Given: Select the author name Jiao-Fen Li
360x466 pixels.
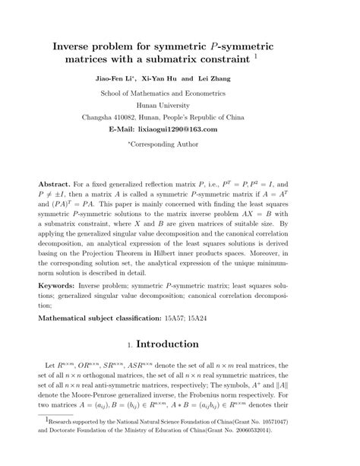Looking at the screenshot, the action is (x=115, y=78).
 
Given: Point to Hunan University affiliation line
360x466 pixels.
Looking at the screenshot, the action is (x=179, y=105).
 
